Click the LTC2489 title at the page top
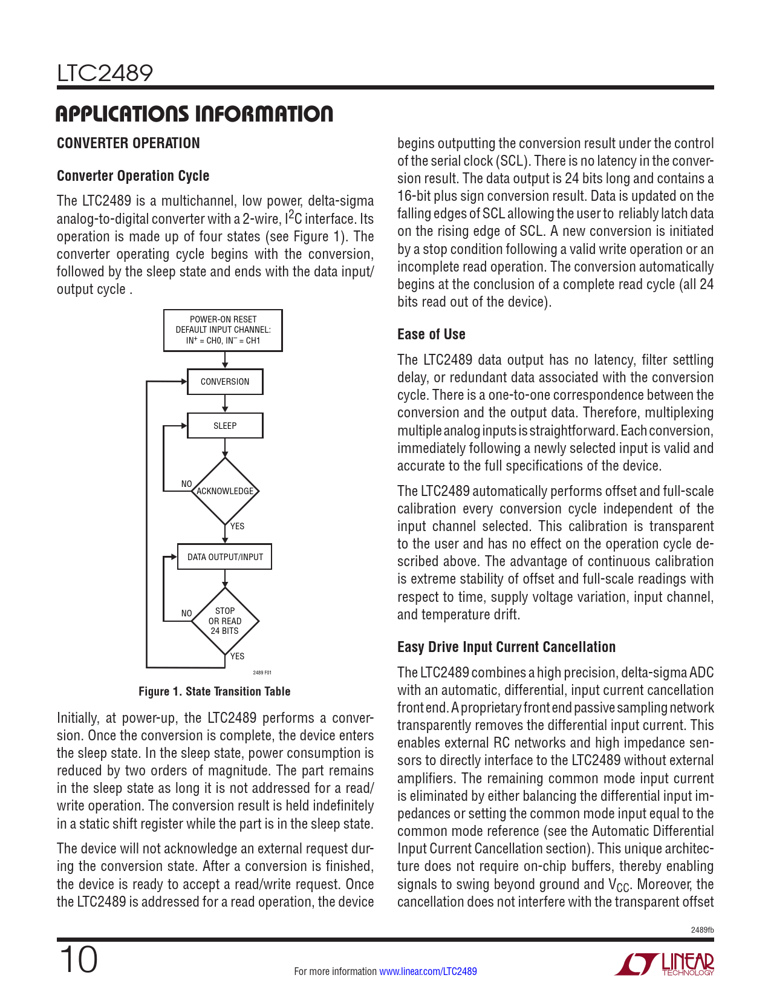tap(105, 73)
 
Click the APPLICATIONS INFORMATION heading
tap(194, 114)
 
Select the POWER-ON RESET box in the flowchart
tap(223, 330)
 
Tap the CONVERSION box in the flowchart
tap(225, 382)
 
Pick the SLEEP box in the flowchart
tap(225, 426)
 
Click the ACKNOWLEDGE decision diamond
tap(225, 491)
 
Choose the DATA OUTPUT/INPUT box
tap(225, 557)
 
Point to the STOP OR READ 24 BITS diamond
tap(225, 621)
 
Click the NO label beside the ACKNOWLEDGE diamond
tap(186, 484)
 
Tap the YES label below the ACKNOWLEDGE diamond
tap(238, 526)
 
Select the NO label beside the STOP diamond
tap(186, 613)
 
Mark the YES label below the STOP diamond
tap(238, 656)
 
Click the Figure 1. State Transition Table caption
tap(215, 691)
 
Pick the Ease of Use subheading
tap(431, 334)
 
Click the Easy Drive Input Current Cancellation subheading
tap(506, 647)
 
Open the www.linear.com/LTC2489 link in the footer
tap(428, 971)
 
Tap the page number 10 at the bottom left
tap(78, 960)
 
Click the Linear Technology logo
tap(665, 964)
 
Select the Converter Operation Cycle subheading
tap(133, 176)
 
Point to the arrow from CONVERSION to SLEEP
tap(225, 403)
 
